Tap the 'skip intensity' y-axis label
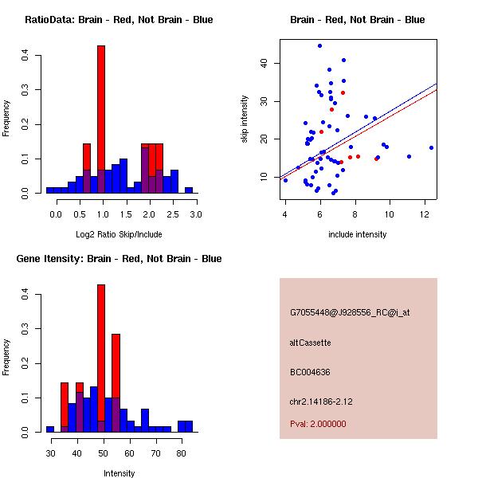pos(245,119)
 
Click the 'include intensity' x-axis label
pos(358,234)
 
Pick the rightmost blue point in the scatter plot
pos(431,147)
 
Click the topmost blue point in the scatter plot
pos(319,46)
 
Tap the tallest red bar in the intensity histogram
pos(101,351)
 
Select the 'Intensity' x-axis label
pos(119,473)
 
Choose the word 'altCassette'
pos(310,343)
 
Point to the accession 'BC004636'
pos(310,371)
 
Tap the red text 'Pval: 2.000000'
pos(318,424)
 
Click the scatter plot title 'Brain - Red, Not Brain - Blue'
pos(358,20)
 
